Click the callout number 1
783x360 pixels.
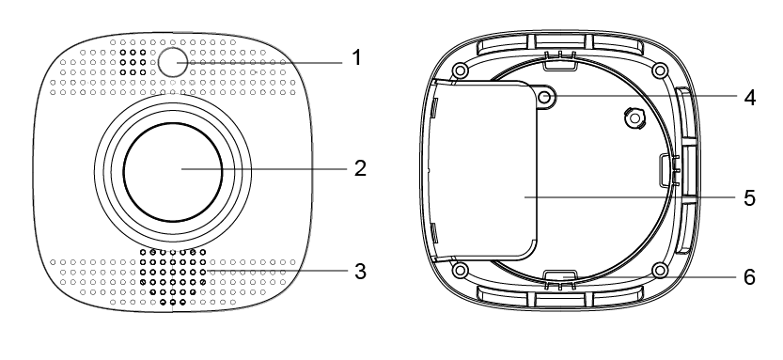[x=355, y=58]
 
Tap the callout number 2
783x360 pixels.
[x=360, y=169]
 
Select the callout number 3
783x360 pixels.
[x=360, y=272]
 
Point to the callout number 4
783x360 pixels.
[x=749, y=98]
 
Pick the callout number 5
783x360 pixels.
[x=749, y=197]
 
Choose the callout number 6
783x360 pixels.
[x=749, y=277]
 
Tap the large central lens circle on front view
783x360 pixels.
[x=173, y=172]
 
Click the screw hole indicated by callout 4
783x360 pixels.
[x=547, y=98]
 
